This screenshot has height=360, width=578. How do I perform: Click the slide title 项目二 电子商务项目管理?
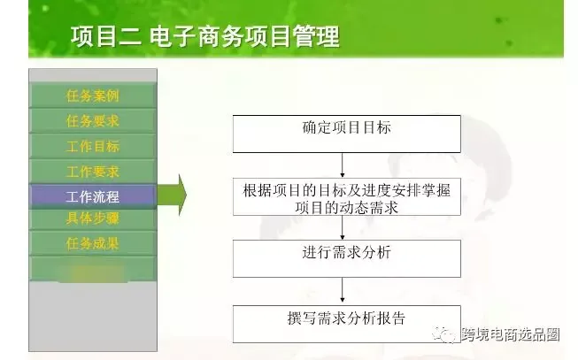[205, 36]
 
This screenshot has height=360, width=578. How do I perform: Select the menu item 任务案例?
[93, 96]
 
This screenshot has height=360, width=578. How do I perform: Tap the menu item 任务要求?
[93, 121]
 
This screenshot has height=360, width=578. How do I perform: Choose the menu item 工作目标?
[93, 146]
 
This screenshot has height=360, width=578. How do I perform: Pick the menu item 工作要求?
[93, 172]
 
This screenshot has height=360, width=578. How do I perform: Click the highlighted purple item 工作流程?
[93, 196]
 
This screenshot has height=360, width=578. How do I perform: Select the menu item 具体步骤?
[93, 218]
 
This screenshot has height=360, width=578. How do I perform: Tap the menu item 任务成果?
[93, 243]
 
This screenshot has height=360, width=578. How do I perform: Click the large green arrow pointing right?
[172, 195]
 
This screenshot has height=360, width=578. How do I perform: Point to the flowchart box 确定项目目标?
[346, 134]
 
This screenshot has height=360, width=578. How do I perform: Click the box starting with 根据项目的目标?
[346, 196]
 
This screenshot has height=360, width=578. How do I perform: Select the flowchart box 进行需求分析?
[346, 258]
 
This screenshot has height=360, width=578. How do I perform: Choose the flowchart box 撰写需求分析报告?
[346, 324]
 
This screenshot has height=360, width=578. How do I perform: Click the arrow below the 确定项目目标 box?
[343, 165]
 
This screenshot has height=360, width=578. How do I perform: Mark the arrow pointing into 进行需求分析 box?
[343, 227]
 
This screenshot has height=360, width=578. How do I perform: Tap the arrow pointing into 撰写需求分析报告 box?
[343, 291]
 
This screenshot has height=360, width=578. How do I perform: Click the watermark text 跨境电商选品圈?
[511, 334]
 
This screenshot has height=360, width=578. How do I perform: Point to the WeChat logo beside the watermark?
[444, 334]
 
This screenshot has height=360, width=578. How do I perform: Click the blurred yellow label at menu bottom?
[93, 272]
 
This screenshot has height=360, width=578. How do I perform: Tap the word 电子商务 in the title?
[197, 36]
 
